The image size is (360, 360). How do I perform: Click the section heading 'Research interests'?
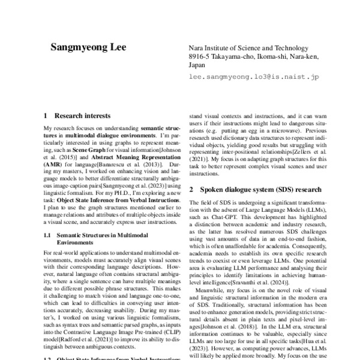coord(82,115)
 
